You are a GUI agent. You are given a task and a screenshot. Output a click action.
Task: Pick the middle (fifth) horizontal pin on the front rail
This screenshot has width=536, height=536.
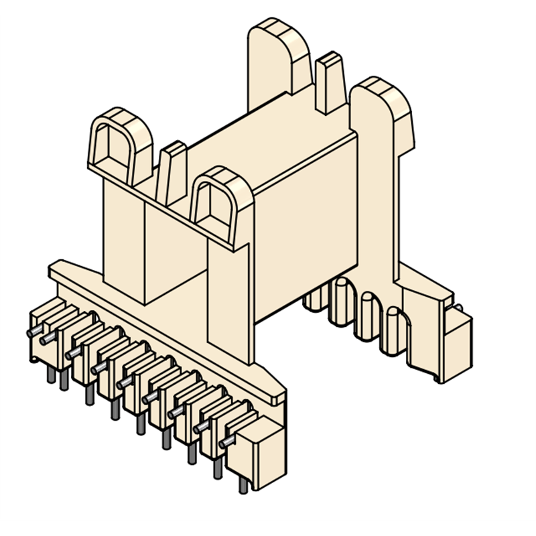pos(125,383)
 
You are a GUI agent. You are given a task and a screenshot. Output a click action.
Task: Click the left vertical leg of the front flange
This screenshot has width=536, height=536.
pos(124,234)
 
